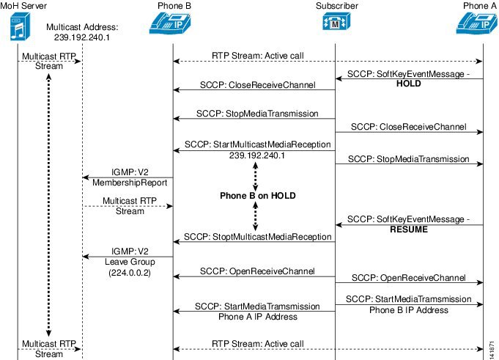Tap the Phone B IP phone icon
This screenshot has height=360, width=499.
point(173,25)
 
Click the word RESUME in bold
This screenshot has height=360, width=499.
point(409,229)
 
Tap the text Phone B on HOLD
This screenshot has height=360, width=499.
point(254,196)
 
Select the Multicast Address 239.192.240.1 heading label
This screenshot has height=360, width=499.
point(82,32)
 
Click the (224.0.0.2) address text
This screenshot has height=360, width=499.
point(127,272)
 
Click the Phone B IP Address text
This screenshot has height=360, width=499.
point(408,310)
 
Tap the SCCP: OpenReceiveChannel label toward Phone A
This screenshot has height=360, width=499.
point(408,278)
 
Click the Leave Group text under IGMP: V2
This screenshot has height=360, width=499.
point(127,262)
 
